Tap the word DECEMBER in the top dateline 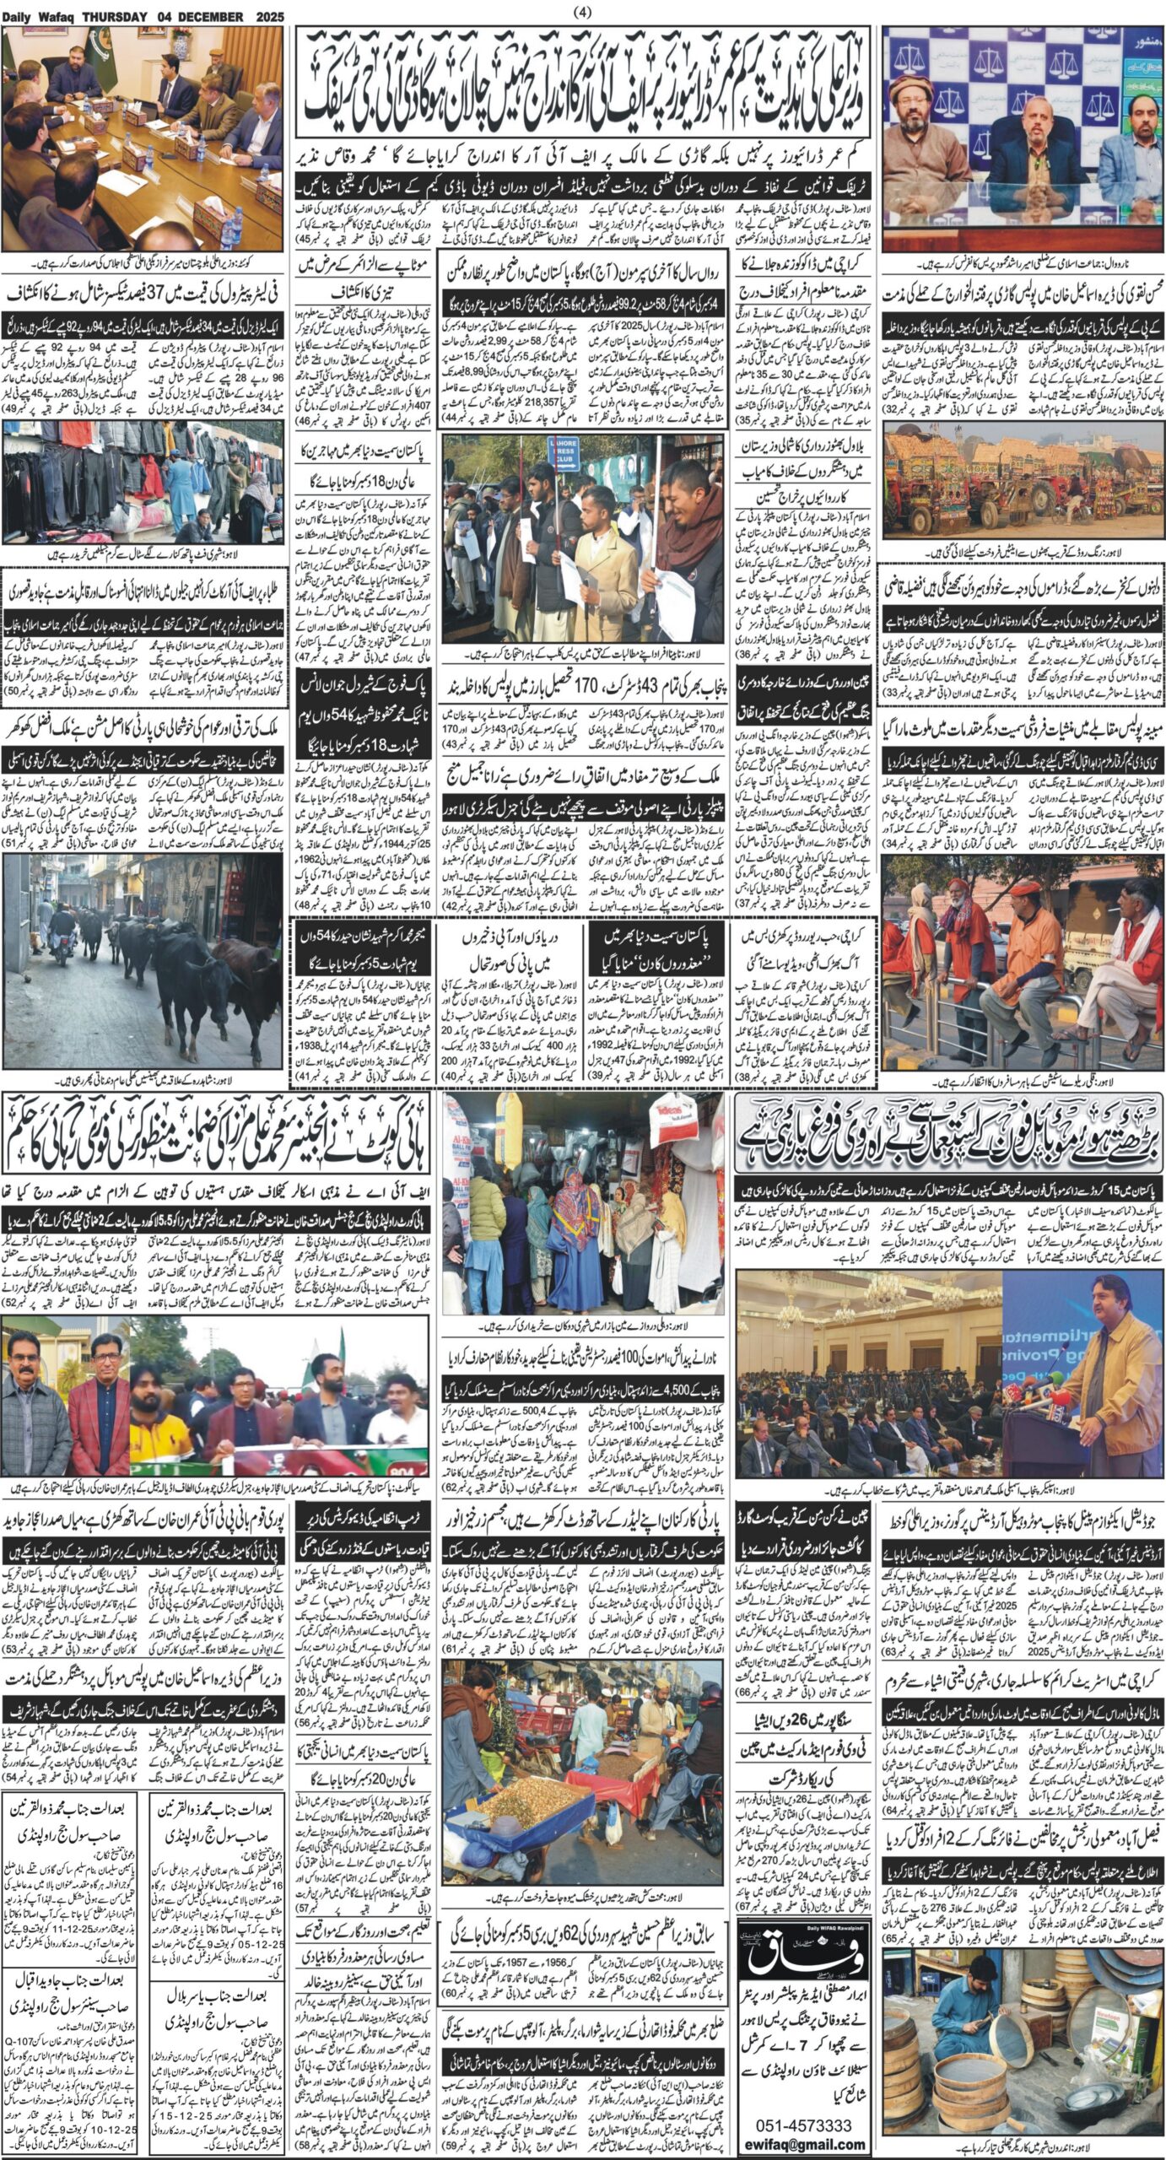(x=214, y=17)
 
